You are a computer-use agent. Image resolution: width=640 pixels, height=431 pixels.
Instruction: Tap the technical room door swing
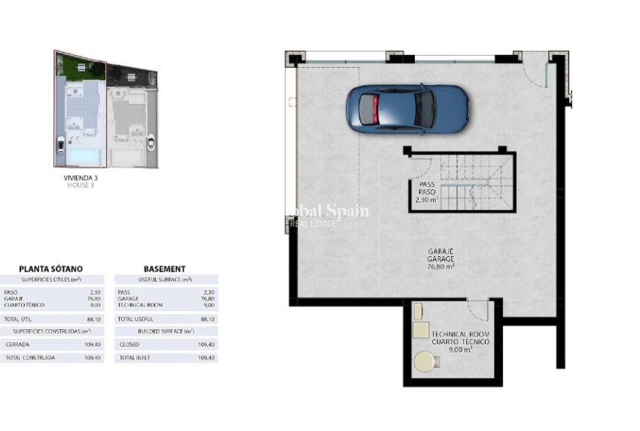[477, 309]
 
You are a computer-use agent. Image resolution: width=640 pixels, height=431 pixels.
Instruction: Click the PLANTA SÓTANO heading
[50, 268]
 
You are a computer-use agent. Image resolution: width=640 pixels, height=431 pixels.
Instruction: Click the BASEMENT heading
[164, 268]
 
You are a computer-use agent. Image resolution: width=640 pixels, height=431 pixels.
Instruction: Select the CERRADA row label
[18, 344]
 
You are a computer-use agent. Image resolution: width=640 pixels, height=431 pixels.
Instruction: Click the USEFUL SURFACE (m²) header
[165, 280]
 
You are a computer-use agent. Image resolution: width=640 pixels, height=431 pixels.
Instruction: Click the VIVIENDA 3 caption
[81, 178]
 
